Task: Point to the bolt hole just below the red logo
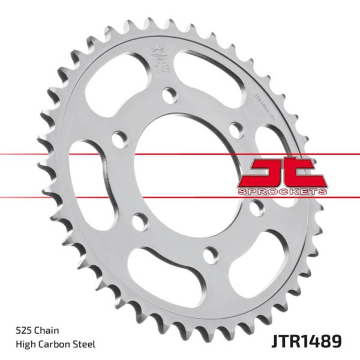pos(257,207)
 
